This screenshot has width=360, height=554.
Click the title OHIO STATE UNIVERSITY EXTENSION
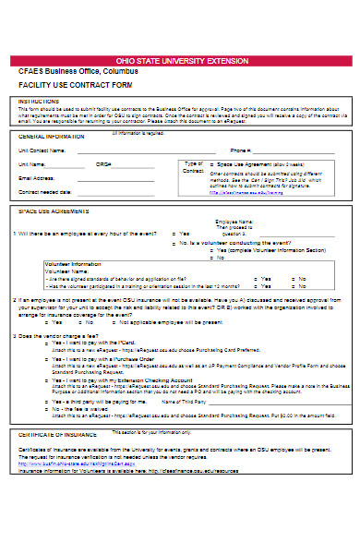coord(179,57)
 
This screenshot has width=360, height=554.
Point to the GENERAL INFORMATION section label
coord(51,135)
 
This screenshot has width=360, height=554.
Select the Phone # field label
coord(241,150)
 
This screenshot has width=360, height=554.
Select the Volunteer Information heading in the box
coord(74,263)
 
